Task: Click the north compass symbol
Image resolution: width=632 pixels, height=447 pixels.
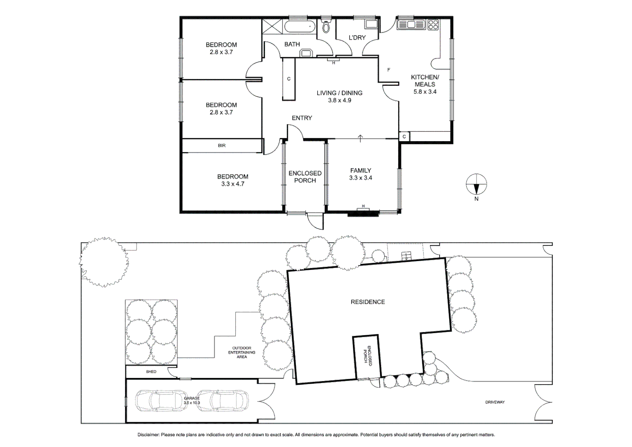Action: [476, 185]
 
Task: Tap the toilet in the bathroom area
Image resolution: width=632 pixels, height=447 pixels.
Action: [326, 26]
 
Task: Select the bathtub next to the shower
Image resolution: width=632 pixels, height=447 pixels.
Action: [300, 27]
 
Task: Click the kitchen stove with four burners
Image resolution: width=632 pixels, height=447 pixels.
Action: [433, 25]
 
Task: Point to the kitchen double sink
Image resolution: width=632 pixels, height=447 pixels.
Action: [411, 25]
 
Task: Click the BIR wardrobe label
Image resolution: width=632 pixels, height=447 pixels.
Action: [222, 146]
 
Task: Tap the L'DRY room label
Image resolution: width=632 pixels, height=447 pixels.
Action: [357, 38]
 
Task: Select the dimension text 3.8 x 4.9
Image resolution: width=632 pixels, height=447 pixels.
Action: [340, 101]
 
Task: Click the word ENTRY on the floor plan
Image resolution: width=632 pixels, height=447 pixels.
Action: [302, 118]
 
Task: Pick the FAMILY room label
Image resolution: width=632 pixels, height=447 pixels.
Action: [361, 171]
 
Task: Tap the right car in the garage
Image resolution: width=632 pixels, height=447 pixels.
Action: [223, 401]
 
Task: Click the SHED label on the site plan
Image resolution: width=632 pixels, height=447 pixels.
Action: [151, 372]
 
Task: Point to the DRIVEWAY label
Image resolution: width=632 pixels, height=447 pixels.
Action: [495, 402]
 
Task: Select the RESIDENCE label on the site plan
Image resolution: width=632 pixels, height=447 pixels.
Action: [368, 302]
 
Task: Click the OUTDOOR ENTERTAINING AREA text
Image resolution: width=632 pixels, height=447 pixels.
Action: [242, 353]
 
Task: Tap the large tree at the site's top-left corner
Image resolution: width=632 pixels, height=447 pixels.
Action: [104, 262]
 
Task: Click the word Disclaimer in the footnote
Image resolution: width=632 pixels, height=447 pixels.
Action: [148, 435]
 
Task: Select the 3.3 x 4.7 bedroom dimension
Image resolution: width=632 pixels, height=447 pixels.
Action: [233, 184]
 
